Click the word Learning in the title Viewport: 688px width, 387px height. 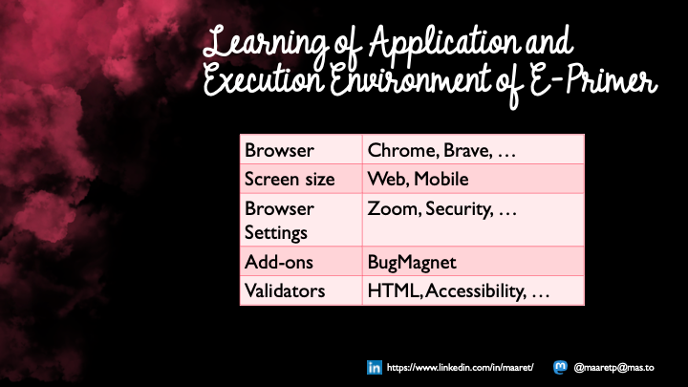[253, 43]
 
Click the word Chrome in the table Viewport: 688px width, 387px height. [398, 150]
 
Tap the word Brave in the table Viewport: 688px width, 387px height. [462, 150]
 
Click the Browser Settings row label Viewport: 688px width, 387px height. [279, 219]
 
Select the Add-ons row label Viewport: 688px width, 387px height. [275, 260]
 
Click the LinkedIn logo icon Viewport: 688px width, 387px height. [374, 367]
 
